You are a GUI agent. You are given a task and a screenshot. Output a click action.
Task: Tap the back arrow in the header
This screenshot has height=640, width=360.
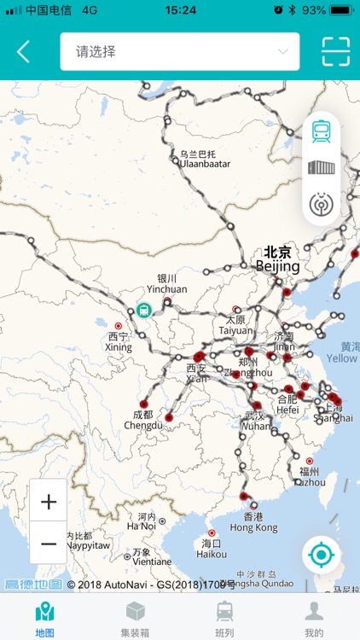[23, 51]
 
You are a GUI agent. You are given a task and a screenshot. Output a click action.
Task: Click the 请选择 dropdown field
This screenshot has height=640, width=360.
[179, 51]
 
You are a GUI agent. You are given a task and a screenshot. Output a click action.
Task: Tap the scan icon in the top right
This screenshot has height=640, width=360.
[335, 51]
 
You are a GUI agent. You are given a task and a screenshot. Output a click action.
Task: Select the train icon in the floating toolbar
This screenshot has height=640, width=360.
[322, 131]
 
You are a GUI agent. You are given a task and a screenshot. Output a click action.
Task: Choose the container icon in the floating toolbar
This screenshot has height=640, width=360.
[322, 167]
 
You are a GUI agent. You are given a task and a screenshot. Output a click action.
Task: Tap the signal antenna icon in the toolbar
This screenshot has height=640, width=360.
[322, 204]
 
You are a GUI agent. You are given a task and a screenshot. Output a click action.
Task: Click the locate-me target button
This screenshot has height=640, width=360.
[321, 556]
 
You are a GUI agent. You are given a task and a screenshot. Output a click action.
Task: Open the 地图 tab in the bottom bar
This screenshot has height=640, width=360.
[44, 618]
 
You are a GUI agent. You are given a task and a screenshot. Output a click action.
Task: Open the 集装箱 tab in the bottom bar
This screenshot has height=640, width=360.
[135, 618]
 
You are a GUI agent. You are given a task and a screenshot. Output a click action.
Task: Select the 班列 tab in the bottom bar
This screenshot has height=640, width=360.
[224, 618]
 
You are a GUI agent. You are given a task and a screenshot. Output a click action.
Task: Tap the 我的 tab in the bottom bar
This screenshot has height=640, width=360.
[314, 618]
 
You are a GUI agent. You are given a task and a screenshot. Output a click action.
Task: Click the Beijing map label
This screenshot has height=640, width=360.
[278, 259]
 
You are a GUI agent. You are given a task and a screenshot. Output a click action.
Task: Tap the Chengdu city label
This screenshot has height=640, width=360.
[142, 420]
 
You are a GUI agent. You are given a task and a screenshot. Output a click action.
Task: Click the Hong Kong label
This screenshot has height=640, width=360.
[253, 522]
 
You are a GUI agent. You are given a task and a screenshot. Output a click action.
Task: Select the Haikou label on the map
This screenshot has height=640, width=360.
[212, 548]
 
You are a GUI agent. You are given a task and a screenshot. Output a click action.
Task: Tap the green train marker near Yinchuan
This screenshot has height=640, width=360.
[144, 310]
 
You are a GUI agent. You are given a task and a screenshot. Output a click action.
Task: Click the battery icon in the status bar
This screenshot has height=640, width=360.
[341, 10]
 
